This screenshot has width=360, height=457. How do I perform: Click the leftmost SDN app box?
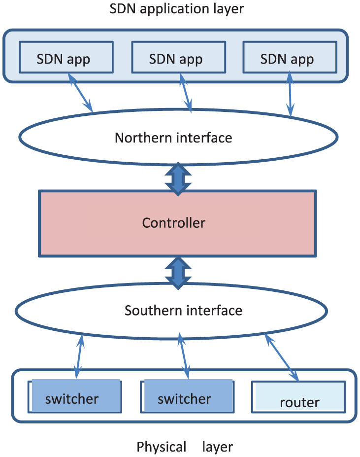click(x=66, y=57)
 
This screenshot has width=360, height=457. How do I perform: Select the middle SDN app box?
click(x=179, y=57)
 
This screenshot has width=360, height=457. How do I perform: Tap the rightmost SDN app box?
click(x=290, y=57)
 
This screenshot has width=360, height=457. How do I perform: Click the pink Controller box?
click(x=177, y=223)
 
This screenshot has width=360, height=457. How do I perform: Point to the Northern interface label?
click(x=173, y=138)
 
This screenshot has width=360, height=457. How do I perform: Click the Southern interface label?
click(x=184, y=311)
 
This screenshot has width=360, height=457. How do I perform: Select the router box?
click(x=298, y=397)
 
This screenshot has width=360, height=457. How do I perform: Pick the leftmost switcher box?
click(x=75, y=396)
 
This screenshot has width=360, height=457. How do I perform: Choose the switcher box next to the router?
click(x=187, y=396)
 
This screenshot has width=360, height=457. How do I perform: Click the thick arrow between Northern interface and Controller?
click(x=178, y=179)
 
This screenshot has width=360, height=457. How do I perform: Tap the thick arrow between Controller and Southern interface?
click(x=178, y=273)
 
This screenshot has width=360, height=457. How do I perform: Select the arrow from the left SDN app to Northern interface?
click(x=80, y=92)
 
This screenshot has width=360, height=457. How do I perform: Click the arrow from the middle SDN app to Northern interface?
click(x=186, y=92)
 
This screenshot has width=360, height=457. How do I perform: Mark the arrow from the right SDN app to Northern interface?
click(x=290, y=94)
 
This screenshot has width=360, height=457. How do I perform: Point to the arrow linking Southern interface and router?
click(x=282, y=357)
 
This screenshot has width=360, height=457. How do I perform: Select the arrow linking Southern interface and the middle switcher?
click(x=184, y=355)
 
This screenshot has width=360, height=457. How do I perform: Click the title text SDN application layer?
click(x=176, y=9)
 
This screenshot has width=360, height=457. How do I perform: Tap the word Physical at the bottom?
click(x=162, y=447)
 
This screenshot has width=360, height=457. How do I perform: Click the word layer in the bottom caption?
click(x=218, y=447)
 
